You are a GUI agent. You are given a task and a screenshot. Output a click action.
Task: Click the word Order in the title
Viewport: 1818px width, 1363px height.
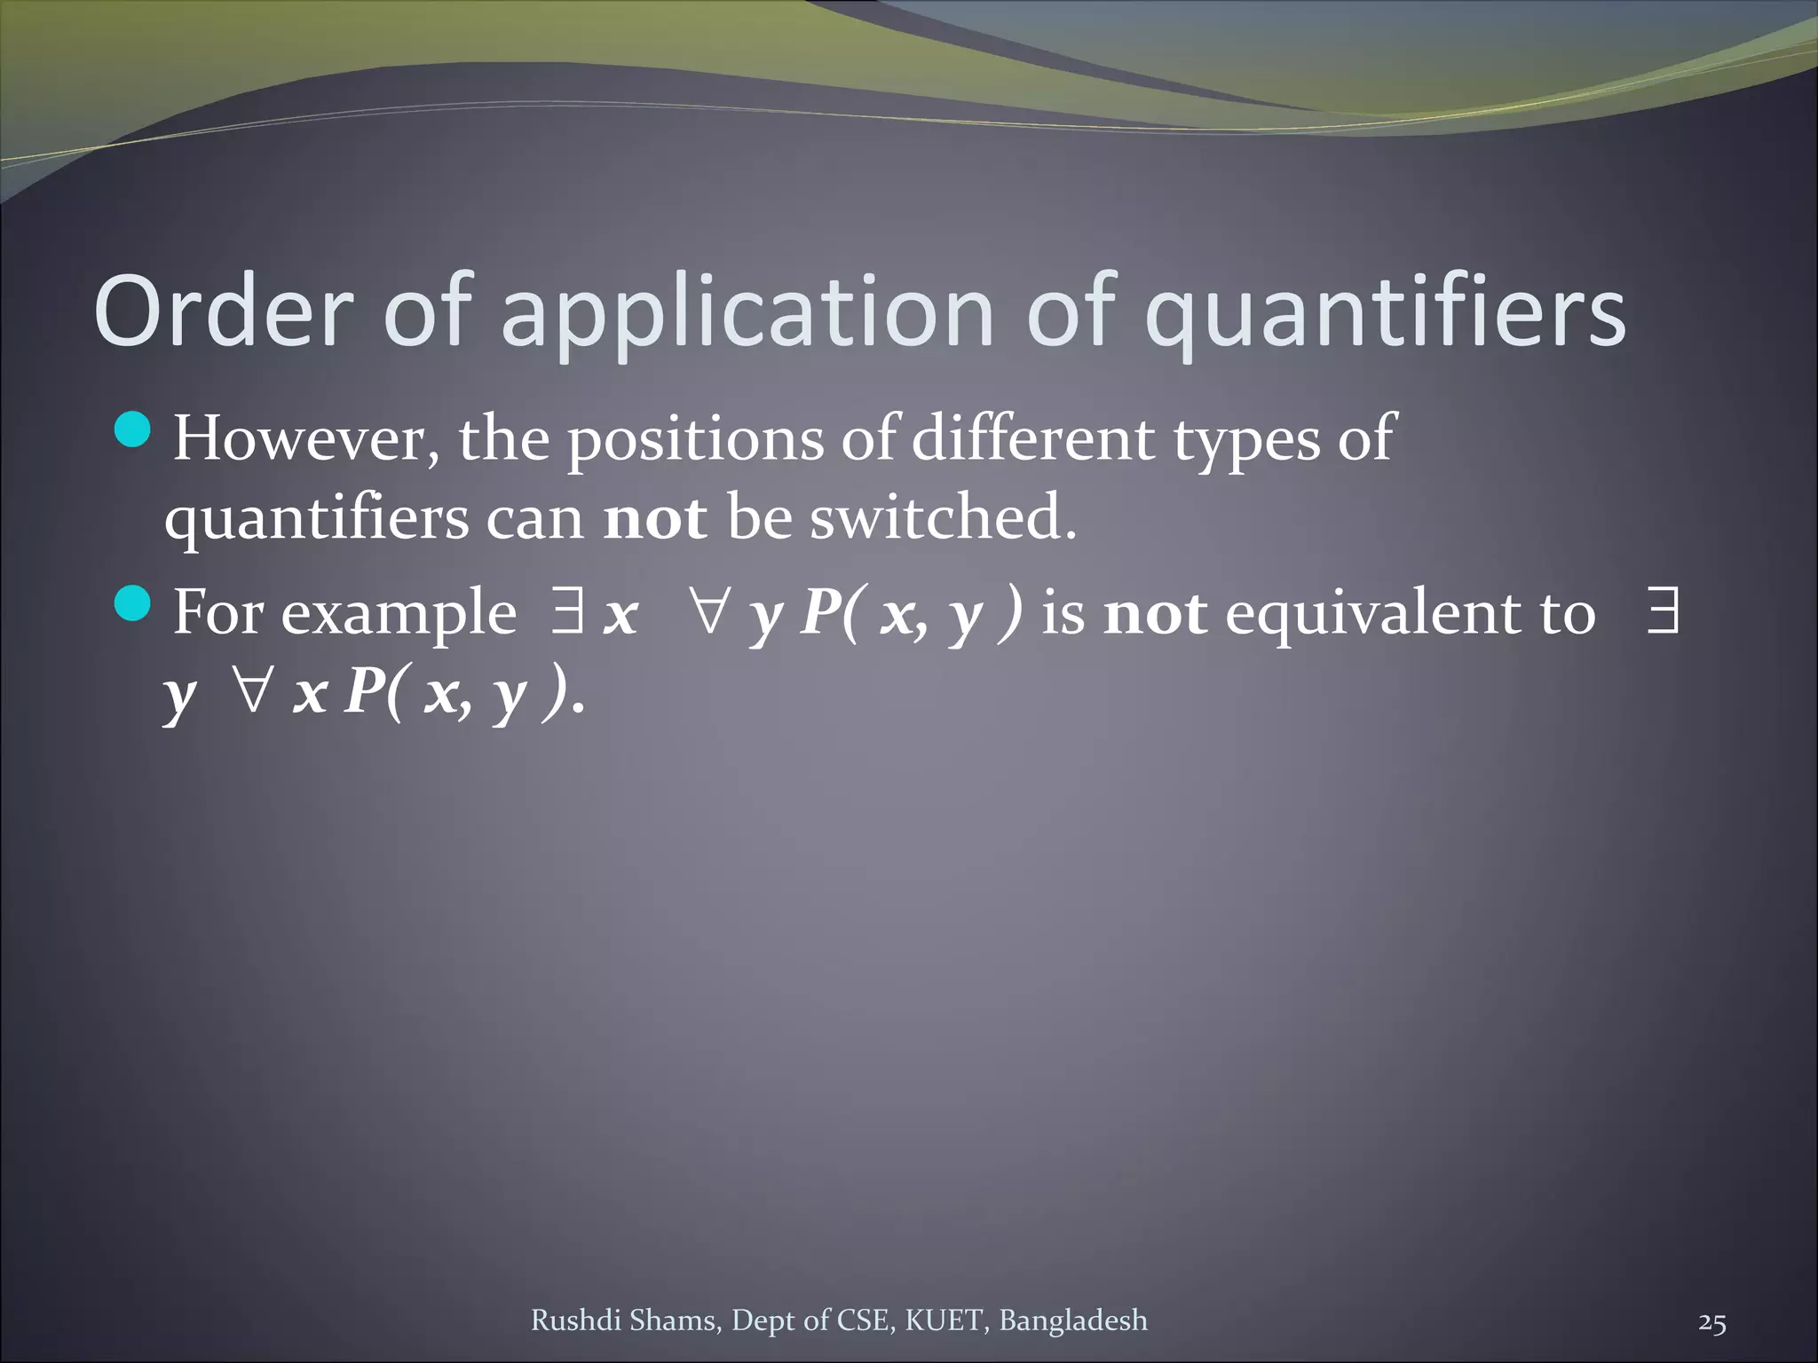coord(222,312)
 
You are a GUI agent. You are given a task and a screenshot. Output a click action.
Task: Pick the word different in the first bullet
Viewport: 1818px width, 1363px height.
coord(1033,438)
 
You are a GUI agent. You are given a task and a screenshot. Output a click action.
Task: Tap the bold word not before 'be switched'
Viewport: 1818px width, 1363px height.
coord(655,518)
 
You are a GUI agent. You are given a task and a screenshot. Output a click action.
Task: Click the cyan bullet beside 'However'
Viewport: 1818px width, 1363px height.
coord(134,431)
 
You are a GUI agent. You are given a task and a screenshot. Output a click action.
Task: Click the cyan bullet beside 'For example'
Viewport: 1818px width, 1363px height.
coord(134,604)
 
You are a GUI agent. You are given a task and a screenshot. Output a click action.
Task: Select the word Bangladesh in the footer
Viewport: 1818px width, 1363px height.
coord(1073,1320)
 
